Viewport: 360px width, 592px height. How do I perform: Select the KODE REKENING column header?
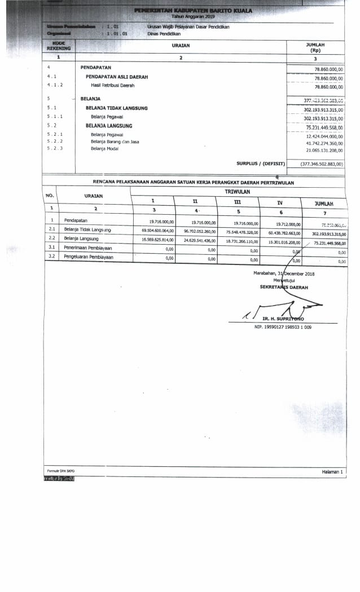click(x=59, y=46)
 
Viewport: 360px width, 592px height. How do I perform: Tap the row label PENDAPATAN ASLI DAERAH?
click(x=116, y=77)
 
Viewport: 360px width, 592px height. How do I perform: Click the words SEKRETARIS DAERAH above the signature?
click(x=284, y=287)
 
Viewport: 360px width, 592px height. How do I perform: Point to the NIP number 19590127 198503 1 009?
click(x=283, y=327)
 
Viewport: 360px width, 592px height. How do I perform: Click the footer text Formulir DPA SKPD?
click(x=60, y=470)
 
